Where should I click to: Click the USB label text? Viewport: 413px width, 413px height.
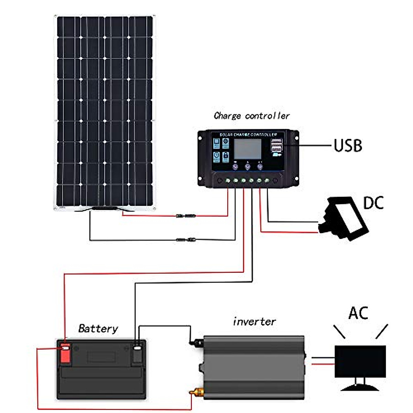point(348,146)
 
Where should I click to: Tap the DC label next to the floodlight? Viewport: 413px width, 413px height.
point(373,203)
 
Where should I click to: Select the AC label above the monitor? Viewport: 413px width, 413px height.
point(358,313)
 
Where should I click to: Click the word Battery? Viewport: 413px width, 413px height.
point(98,328)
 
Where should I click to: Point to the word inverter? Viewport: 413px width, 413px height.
point(254,321)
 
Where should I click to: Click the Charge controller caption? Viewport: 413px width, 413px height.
point(251,116)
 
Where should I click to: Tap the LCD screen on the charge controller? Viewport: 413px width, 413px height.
point(248,149)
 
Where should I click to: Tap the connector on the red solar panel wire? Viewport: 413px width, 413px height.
point(186,216)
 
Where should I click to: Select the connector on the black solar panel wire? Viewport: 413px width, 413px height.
point(186,240)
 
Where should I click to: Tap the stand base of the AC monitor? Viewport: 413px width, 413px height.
point(360,388)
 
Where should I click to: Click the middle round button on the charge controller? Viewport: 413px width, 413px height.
point(248,167)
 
